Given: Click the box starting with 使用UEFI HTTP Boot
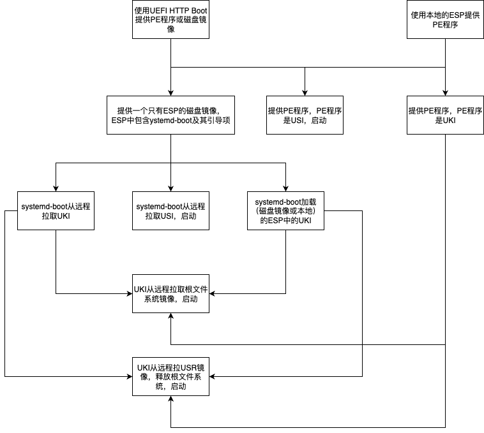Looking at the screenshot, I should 170,20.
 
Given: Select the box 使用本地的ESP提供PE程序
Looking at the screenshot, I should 445,20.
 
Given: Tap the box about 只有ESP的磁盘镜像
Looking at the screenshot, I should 170,115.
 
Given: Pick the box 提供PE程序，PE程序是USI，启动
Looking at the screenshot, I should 305,115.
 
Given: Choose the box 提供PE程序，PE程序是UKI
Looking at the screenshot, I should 445,115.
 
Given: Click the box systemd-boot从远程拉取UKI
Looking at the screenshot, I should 56,211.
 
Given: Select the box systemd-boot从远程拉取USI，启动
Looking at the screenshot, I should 170,211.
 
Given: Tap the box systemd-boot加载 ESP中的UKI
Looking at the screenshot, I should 285,211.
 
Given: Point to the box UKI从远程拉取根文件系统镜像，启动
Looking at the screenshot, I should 170,294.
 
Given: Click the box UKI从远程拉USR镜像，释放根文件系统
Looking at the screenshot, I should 170,376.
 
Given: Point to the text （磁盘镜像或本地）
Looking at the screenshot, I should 285,211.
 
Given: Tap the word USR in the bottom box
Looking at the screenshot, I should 188,367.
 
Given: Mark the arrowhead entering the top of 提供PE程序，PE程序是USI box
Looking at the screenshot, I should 305,92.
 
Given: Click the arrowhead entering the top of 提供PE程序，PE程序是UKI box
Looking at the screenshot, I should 445,92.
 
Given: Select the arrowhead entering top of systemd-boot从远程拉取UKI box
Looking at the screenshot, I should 56,188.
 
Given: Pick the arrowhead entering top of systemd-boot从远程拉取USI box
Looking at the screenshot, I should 170,188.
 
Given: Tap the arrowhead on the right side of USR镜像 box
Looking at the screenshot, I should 213,376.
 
